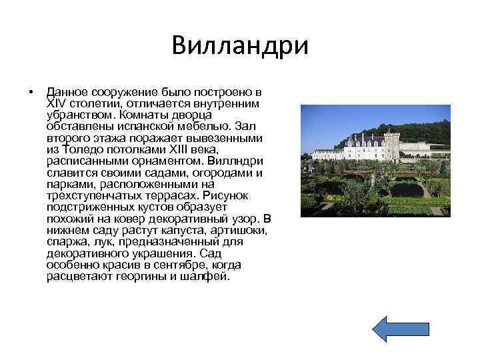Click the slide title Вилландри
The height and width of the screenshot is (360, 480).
pos(240,46)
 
